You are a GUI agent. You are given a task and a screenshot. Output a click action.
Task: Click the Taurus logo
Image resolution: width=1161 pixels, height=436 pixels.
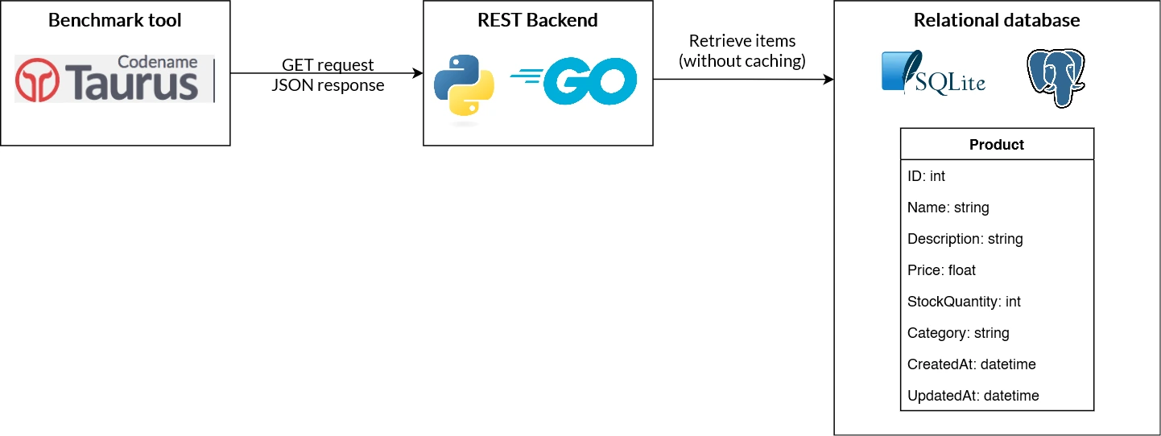pos(114,79)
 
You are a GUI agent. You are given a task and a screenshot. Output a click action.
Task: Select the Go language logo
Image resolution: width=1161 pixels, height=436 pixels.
pos(573,81)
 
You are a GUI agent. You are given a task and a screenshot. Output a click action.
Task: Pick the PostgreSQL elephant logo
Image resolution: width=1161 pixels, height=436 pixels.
pos(1056,78)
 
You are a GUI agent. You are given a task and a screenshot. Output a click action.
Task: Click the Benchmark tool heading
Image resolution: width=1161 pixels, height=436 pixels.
pos(115,20)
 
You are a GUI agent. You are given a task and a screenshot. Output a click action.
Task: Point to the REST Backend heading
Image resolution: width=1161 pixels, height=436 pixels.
pos(538,20)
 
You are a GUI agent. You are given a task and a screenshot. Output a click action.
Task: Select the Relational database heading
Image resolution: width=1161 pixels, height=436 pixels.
pos(997,20)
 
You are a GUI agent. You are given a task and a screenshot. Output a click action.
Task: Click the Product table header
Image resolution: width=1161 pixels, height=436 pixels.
pos(997,145)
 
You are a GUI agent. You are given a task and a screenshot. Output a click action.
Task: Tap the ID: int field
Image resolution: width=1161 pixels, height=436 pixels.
pos(926,176)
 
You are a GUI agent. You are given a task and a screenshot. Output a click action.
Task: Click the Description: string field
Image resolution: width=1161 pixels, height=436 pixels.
pos(965,239)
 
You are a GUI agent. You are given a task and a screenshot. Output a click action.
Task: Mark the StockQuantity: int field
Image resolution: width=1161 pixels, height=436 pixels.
pos(964,302)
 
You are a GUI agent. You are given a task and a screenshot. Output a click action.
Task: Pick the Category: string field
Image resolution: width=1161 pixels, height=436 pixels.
pos(957,333)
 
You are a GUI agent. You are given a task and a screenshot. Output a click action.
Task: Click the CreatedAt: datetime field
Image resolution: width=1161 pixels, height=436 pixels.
pos(971,364)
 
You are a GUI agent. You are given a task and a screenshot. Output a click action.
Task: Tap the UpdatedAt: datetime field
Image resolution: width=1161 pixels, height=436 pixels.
pos(973,396)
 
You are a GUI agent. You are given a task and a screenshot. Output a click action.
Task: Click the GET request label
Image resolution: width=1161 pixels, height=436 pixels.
pos(328,65)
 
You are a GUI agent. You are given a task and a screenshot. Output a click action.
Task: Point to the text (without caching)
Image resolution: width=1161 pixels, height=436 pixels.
pos(742,60)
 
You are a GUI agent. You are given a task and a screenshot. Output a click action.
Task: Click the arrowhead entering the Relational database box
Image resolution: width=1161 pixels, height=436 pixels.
pos(828,80)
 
